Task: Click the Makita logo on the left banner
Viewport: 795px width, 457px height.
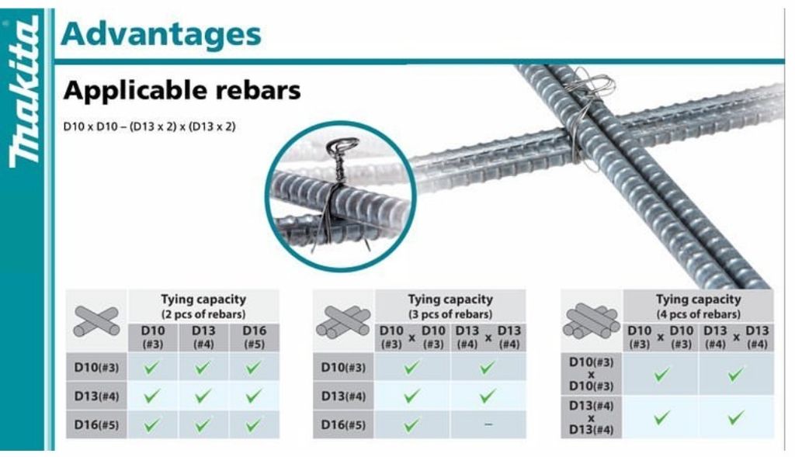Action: (24, 92)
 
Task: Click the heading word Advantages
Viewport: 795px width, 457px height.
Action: (161, 34)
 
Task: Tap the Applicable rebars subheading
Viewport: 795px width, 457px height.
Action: (182, 91)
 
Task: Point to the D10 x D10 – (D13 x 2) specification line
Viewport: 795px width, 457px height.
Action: (150, 126)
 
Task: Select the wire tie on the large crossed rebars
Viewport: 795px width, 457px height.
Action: (588, 119)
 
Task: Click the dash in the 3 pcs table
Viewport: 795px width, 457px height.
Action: (488, 424)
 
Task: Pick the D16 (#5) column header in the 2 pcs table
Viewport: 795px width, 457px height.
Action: (254, 338)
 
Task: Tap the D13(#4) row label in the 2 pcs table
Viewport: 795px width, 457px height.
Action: (96, 396)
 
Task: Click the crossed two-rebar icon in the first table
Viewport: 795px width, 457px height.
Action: (96, 321)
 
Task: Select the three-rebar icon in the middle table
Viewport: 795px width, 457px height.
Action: (343, 322)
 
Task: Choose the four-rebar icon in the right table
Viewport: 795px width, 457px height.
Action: (591, 321)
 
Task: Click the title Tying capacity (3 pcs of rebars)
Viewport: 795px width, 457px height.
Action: (450, 306)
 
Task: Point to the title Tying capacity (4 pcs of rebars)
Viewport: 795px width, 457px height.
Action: (698, 306)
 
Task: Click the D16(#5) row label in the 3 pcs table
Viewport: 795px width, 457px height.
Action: (343, 424)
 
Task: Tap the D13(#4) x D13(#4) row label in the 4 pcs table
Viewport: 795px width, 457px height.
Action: (591, 417)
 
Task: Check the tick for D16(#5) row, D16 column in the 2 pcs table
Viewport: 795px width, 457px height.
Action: (253, 425)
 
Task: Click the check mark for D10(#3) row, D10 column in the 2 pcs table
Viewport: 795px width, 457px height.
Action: (151, 367)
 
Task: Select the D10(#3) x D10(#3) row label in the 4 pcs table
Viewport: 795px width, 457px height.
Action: (591, 374)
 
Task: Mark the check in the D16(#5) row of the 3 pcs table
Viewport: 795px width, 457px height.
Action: (411, 424)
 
